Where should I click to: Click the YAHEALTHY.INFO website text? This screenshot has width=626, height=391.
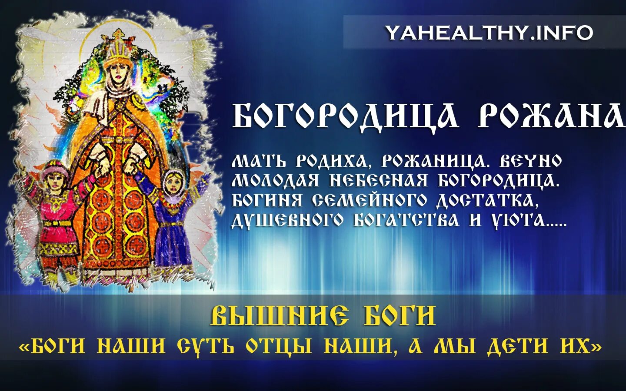(489, 33)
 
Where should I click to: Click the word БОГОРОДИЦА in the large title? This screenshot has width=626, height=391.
(345, 116)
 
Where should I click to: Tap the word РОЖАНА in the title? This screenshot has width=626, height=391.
(551, 116)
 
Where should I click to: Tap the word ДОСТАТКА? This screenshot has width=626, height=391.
(485, 200)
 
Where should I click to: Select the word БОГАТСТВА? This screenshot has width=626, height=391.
(406, 220)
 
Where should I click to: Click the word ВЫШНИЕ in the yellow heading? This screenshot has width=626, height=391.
(280, 316)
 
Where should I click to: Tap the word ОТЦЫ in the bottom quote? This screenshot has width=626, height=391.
(279, 346)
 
